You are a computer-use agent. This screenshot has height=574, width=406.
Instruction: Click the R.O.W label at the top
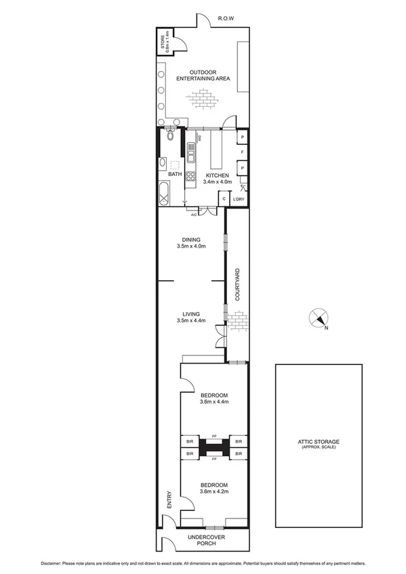click(225, 20)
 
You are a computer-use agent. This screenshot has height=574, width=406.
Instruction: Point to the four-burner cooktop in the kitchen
click(191, 178)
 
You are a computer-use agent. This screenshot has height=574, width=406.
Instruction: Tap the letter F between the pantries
click(242, 153)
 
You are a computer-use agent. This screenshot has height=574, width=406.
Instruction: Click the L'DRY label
click(238, 200)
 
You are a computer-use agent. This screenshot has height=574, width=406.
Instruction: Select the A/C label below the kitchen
click(194, 215)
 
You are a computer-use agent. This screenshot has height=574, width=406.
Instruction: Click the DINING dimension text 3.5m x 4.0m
click(190, 246)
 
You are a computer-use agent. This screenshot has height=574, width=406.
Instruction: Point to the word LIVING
click(190, 313)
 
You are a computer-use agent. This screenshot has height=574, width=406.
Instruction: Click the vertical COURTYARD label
click(237, 284)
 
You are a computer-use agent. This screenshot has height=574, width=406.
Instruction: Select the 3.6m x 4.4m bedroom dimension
click(214, 402)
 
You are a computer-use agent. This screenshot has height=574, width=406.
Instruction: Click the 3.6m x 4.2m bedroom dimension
click(214, 492)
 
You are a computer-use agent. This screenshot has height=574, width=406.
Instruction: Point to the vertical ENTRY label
click(169, 500)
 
